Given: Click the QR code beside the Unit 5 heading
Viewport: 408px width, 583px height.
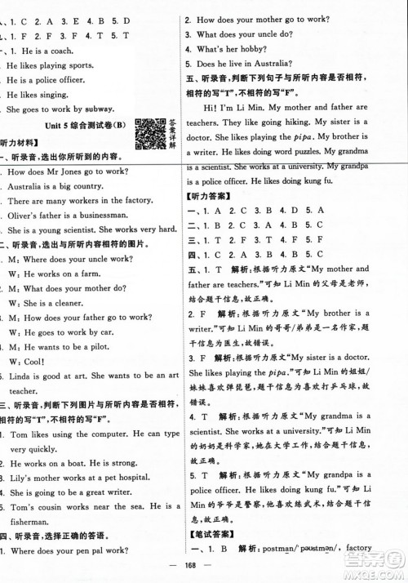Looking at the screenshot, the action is pos(149,132).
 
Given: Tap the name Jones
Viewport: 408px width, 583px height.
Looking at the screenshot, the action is pos(78,171).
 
